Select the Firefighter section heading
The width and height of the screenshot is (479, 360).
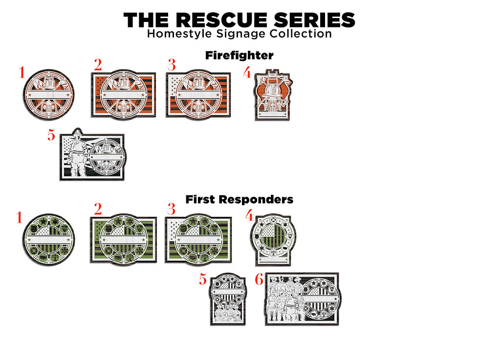pos(239,56)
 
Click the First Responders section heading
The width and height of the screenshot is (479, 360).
pos(239,199)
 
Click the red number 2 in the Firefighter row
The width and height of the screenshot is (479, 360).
pos(98,64)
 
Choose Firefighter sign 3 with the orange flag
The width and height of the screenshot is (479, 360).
pos(198,95)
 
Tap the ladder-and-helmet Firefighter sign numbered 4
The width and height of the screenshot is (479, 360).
pos(272,95)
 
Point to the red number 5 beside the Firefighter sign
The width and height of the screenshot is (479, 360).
pos(51,135)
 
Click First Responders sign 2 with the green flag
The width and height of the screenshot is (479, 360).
pos(123,240)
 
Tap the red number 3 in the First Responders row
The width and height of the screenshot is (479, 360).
pos(171,210)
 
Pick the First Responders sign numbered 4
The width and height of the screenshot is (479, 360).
pos(272,240)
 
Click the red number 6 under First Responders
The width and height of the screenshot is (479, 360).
pos(259,279)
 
